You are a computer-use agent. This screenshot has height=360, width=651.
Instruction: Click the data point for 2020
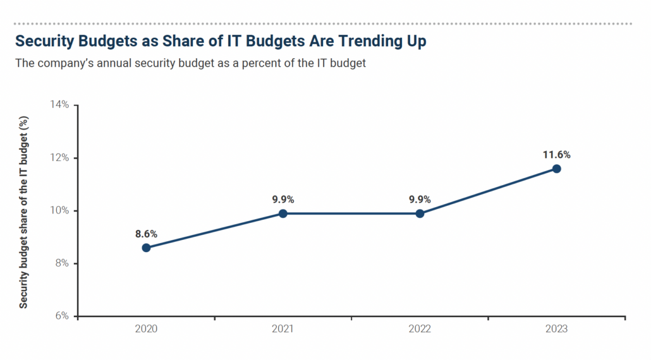coord(146,248)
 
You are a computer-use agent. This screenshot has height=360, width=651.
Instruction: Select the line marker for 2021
coord(283,213)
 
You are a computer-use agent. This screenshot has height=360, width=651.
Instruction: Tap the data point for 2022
coord(420,213)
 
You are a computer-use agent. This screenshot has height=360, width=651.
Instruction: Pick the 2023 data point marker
coord(556,169)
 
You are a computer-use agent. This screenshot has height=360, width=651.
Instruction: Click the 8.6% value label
coord(146,234)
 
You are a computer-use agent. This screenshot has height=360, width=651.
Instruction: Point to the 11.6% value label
coord(557,155)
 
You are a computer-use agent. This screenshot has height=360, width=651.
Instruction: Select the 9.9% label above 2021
coord(283,200)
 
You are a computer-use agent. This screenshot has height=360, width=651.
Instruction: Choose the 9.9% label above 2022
coord(420,200)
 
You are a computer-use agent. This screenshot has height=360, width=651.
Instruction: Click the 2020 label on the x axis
coord(146,330)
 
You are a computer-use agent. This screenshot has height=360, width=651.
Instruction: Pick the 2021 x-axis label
coord(283,330)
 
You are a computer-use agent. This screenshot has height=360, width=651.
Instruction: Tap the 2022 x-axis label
coord(420,330)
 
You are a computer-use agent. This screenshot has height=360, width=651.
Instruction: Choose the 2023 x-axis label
coord(556,330)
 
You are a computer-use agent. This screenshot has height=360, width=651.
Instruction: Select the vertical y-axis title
coord(23,211)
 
